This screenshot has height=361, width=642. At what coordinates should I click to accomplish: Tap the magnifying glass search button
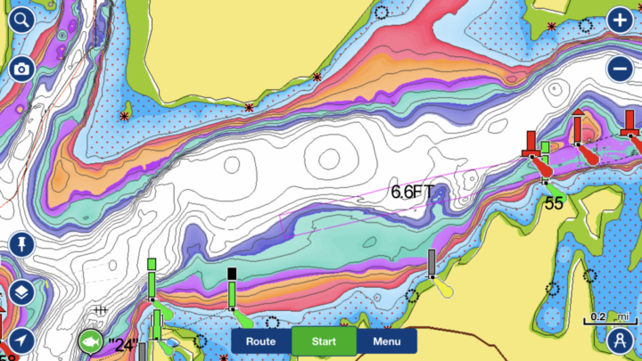[21, 21]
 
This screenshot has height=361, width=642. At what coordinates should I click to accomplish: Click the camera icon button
[21, 69]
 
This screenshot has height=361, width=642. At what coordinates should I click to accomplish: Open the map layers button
[21, 292]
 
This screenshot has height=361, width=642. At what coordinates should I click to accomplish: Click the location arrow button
[21, 340]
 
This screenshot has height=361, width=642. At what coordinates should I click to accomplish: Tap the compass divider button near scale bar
[620, 340]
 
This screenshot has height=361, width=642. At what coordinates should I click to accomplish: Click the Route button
[260, 340]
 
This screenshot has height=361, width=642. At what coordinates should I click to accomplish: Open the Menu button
[386, 340]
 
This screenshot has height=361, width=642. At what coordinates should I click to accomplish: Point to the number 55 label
[554, 203]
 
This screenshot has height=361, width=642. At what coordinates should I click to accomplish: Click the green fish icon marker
[89, 340]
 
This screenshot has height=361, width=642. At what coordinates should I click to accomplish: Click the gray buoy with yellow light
[432, 265]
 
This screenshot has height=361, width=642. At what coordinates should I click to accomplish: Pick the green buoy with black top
[232, 290]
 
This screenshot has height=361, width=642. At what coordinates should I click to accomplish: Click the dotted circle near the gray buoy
[412, 295]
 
